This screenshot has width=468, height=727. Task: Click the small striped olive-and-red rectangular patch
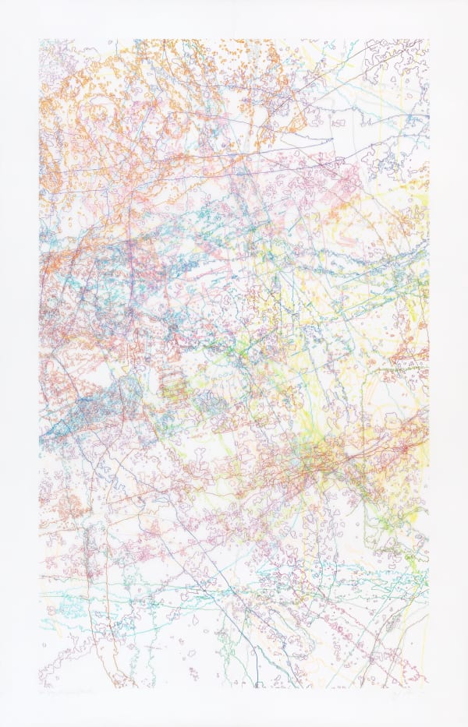[x=173, y=383]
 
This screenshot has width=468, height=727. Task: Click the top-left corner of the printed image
[x=40, y=40]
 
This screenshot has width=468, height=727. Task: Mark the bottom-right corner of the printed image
[x=428, y=687]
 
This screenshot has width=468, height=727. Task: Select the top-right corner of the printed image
[x=428, y=40]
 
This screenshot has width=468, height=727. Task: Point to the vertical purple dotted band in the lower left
[x=90, y=545]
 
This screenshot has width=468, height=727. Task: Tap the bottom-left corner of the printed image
[x=40, y=687]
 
